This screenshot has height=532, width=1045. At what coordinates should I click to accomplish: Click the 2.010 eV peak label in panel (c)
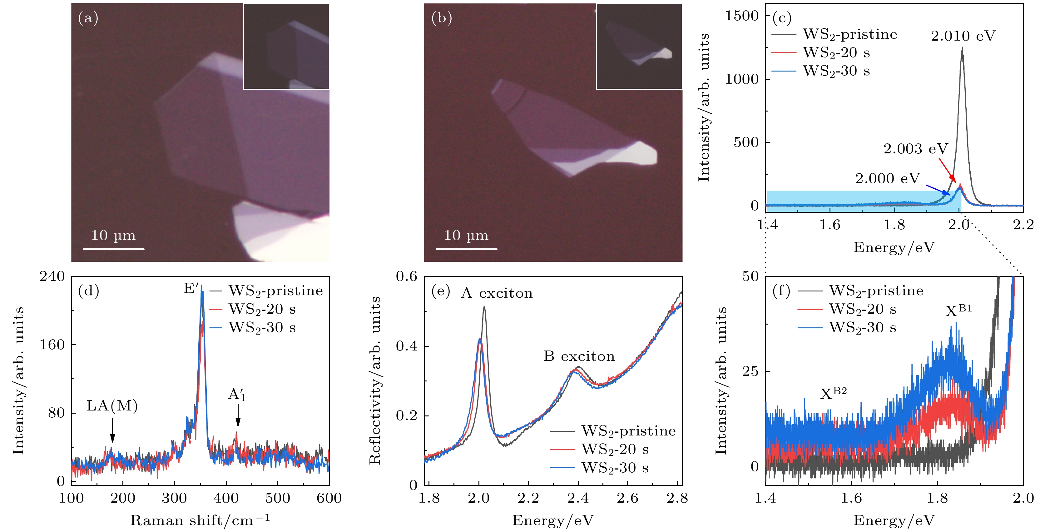click(x=963, y=36)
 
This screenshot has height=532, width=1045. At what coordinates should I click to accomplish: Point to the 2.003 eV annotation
click(x=916, y=149)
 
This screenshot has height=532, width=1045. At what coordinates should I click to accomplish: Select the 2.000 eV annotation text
click(x=888, y=179)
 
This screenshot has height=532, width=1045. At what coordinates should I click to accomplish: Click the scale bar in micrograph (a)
click(x=114, y=249)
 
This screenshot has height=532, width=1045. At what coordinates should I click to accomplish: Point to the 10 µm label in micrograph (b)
click(x=466, y=235)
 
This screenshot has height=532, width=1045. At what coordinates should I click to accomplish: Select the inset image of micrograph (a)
click(x=286, y=46)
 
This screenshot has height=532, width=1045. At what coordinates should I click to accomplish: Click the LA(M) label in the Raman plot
click(x=112, y=405)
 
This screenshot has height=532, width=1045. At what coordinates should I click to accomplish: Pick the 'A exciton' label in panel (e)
click(x=497, y=293)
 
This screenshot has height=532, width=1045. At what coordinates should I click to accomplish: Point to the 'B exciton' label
click(x=579, y=356)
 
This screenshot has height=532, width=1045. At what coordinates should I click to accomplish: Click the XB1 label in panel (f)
click(x=958, y=311)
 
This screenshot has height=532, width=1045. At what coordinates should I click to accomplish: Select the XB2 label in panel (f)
click(x=833, y=393)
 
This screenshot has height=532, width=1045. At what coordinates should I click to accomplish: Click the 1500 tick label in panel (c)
click(x=741, y=16)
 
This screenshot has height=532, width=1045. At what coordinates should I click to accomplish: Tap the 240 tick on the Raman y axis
click(x=52, y=276)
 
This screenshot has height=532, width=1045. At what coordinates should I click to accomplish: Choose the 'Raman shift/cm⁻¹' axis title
click(x=200, y=520)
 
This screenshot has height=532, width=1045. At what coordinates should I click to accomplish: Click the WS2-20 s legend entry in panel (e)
click(x=614, y=449)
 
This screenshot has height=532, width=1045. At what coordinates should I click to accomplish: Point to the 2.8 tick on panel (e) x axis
click(x=677, y=498)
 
